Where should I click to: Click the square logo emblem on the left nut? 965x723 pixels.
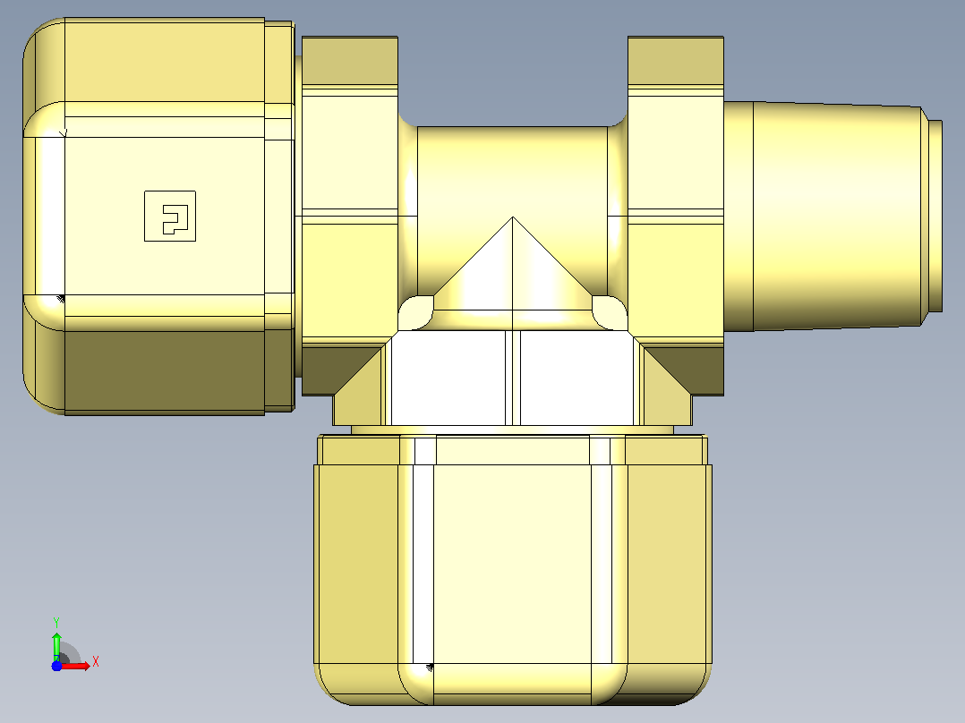pos(170,216)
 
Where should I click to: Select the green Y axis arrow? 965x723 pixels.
pos(56,645)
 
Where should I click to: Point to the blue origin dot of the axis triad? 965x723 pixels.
pos(56,666)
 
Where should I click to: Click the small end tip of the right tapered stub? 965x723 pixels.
pos(935,216)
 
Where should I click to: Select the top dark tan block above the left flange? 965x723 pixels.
pos(349,60)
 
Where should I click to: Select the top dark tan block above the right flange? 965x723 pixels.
pos(676,60)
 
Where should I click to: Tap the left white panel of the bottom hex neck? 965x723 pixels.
pos(448,378)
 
